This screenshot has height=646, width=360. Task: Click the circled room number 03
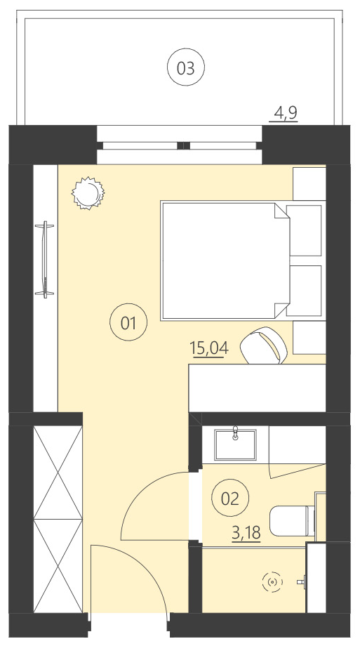pos(186,68)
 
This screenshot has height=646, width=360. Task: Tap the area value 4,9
pos(285,112)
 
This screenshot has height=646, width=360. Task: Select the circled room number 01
pos(128,323)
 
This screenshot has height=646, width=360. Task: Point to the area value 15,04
pos(207,349)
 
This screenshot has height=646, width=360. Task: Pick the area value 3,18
pos(246,533)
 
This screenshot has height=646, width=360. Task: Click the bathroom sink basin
pos(235,443)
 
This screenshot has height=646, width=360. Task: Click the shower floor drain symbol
pos(272,581)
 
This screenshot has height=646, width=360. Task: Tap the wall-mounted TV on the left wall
pos(46,258)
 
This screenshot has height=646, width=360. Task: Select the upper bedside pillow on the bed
pos(304,230)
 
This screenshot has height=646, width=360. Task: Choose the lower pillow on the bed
pos(304,290)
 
